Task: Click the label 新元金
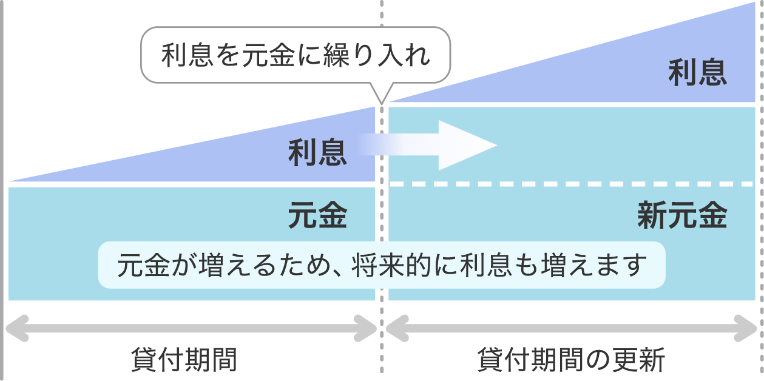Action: pyautogui.click(x=682, y=215)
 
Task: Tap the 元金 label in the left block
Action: pyautogui.click(x=317, y=215)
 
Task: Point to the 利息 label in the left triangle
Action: pyautogui.click(x=317, y=152)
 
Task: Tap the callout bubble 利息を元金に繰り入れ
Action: pyautogui.click(x=296, y=55)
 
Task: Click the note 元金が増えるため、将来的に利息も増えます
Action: pyautogui.click(x=381, y=266)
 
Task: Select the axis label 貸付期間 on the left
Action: pyautogui.click(x=184, y=360)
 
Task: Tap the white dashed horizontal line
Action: pyautogui.click(x=570, y=183)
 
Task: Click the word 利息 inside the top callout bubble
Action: pyautogui.click(x=187, y=56)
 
